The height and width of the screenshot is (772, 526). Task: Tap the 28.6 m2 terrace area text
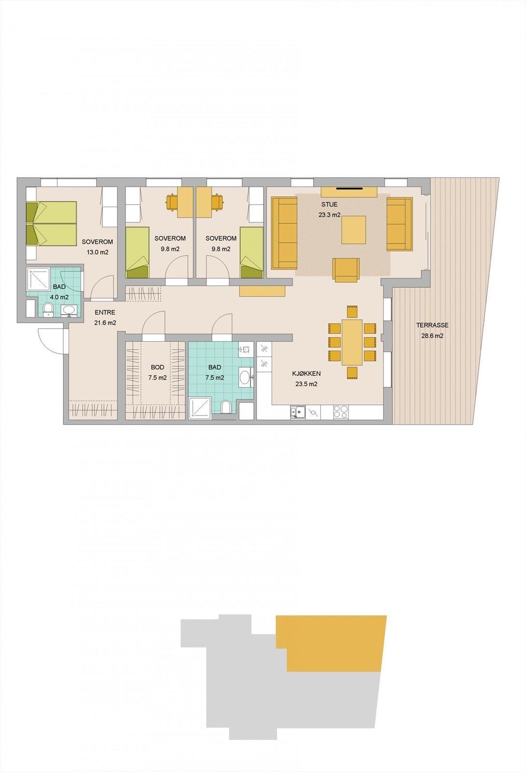click(432, 336)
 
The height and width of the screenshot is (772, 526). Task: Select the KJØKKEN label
click(306, 373)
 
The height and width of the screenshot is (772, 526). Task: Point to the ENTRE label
click(105, 313)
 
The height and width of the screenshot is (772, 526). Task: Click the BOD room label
click(157, 368)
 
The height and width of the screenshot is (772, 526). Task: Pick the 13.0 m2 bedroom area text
click(97, 252)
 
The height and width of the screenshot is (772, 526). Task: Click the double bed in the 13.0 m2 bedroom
click(52, 223)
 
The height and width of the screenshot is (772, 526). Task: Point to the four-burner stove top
click(341, 412)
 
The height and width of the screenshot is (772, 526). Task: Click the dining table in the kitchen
click(352, 342)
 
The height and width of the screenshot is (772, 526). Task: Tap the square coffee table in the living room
click(353, 230)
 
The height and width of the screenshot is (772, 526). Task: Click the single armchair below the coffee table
click(346, 270)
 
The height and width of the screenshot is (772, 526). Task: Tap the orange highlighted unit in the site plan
click(333, 642)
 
